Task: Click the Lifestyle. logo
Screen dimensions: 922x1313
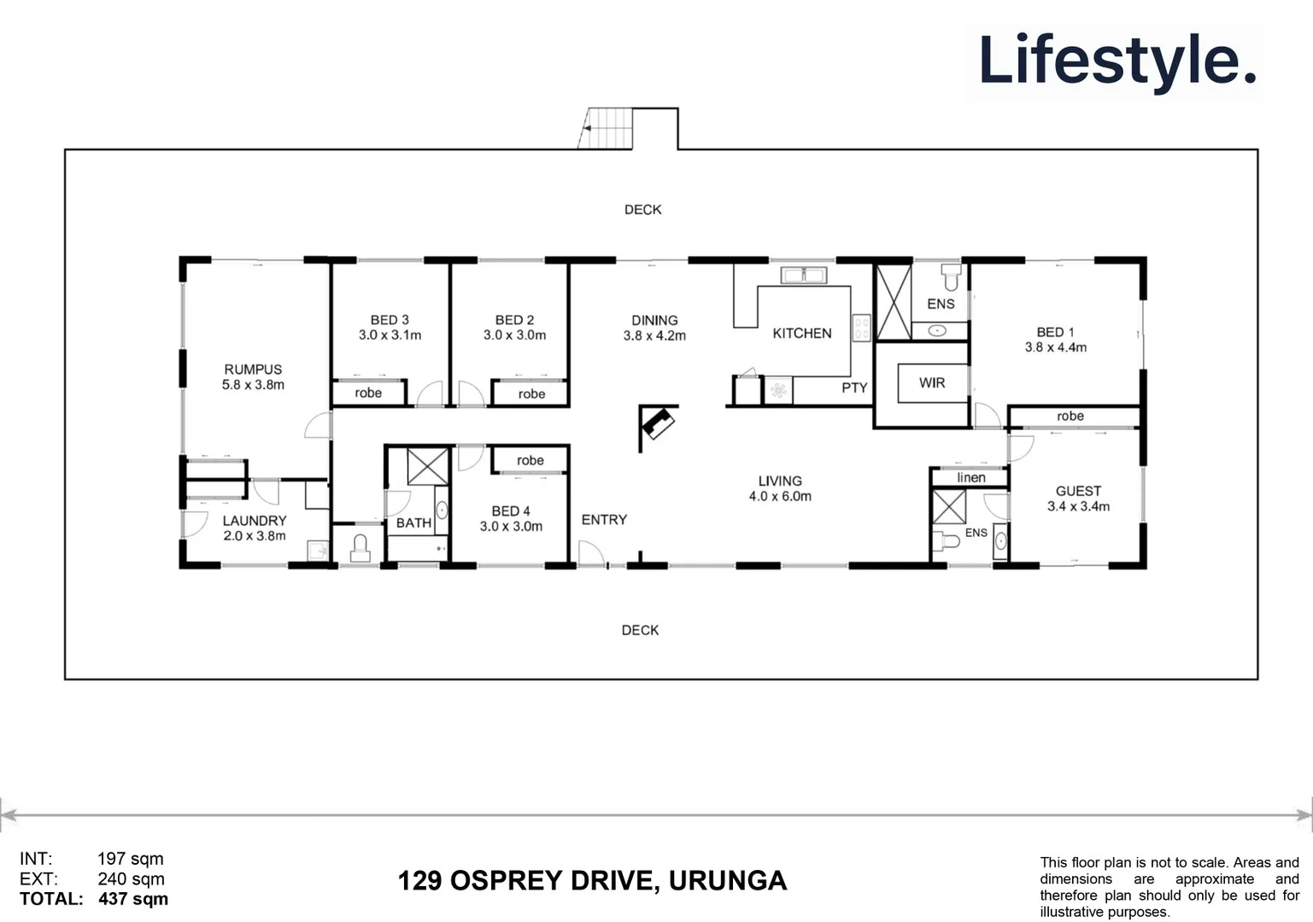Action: (x=1117, y=60)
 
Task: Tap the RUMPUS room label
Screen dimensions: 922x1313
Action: (x=253, y=369)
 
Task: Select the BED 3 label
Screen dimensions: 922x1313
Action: (x=390, y=319)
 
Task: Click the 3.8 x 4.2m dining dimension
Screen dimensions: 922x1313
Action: (x=654, y=336)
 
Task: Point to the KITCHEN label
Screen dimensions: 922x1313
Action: (x=801, y=333)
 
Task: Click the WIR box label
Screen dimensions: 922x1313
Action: (x=932, y=382)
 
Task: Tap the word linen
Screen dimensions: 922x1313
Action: (x=970, y=477)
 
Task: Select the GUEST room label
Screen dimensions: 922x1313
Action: (x=1078, y=491)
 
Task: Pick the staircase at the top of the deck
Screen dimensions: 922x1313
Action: (x=608, y=128)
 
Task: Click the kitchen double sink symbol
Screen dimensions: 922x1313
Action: (x=803, y=275)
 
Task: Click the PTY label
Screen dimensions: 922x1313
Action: (x=854, y=388)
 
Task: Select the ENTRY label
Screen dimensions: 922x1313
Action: (x=604, y=519)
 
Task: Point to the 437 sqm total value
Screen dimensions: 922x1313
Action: (x=133, y=899)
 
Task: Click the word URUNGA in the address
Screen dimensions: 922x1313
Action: (x=727, y=880)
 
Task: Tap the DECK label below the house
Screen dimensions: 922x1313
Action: (x=640, y=630)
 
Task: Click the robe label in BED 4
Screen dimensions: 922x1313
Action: (x=530, y=460)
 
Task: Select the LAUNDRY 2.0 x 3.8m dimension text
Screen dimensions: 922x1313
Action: (x=255, y=536)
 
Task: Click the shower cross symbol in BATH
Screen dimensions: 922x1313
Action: (x=427, y=466)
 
